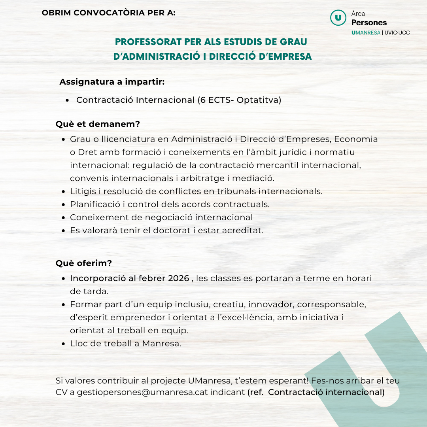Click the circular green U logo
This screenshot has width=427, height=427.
click(x=338, y=18)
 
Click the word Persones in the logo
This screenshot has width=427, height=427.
click(x=369, y=23)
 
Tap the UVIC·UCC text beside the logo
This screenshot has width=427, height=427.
click(x=397, y=32)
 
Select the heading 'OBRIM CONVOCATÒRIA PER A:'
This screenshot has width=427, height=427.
click(x=108, y=13)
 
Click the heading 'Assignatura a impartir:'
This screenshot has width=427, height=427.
click(x=112, y=82)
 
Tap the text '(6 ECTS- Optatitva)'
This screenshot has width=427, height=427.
click(x=239, y=100)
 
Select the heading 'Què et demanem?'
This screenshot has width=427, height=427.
click(x=98, y=124)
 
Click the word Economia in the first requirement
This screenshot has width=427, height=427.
click(x=356, y=139)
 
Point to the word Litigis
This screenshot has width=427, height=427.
click(x=83, y=191)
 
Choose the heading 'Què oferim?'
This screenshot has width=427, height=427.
click(x=84, y=263)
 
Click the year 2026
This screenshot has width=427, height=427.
click(x=178, y=278)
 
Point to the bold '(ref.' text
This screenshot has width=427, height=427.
click(x=255, y=393)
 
